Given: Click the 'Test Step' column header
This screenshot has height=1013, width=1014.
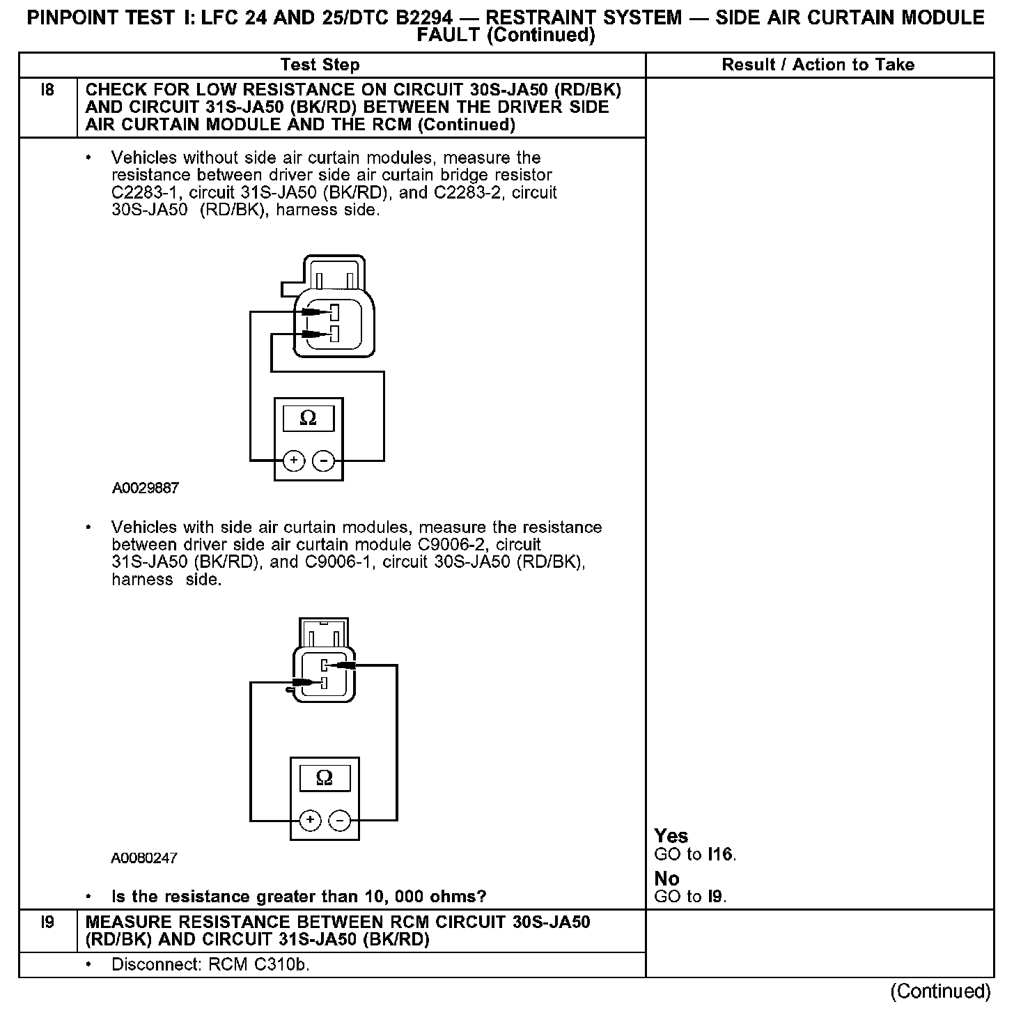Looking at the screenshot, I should (320, 65).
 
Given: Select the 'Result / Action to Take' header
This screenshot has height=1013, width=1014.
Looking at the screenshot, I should (818, 65).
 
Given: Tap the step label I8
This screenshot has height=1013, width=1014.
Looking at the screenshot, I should (47, 90).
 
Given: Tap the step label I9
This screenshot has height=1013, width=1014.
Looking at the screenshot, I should (47, 922).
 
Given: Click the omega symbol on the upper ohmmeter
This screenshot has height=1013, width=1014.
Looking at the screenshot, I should (308, 418).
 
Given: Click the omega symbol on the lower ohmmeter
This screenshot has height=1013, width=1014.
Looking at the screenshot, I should (325, 777).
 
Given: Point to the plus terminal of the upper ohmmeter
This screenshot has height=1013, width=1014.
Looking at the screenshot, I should (294, 461).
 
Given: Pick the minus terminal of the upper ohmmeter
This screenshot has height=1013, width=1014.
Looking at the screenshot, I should (322, 461).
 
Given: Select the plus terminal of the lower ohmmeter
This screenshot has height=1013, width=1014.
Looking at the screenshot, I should (311, 821).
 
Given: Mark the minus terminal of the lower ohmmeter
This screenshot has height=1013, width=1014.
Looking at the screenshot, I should (339, 821).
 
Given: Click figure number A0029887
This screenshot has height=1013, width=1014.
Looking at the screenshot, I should (145, 488).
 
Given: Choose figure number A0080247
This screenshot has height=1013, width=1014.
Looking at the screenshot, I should (144, 858).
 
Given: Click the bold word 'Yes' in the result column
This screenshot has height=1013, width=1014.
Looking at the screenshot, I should (671, 836).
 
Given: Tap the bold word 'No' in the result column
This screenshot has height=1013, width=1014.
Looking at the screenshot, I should (666, 879).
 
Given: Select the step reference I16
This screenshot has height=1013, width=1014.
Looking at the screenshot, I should (720, 854).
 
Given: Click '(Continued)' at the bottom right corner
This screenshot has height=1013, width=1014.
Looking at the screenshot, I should (939, 990).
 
